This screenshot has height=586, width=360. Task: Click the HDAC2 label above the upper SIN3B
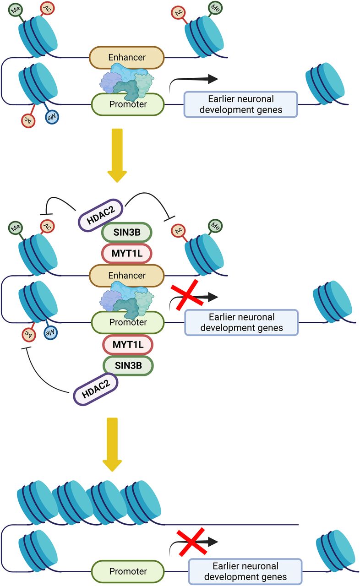[98, 212]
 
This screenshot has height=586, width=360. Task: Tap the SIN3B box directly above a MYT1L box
[126, 233]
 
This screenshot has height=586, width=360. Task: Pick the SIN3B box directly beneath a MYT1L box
[128, 365]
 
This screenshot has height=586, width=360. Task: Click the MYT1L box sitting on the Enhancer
[126, 253]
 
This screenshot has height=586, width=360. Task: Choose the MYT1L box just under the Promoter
[128, 345]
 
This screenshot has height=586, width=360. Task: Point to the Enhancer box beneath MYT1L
[126, 275]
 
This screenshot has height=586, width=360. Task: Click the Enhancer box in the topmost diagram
[126, 57]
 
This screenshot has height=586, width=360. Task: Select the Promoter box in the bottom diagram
[128, 571]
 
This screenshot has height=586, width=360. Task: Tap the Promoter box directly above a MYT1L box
[128, 322]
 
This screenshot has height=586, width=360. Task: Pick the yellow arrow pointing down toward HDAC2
[117, 155]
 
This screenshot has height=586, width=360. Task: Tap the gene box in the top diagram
[240, 104]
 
